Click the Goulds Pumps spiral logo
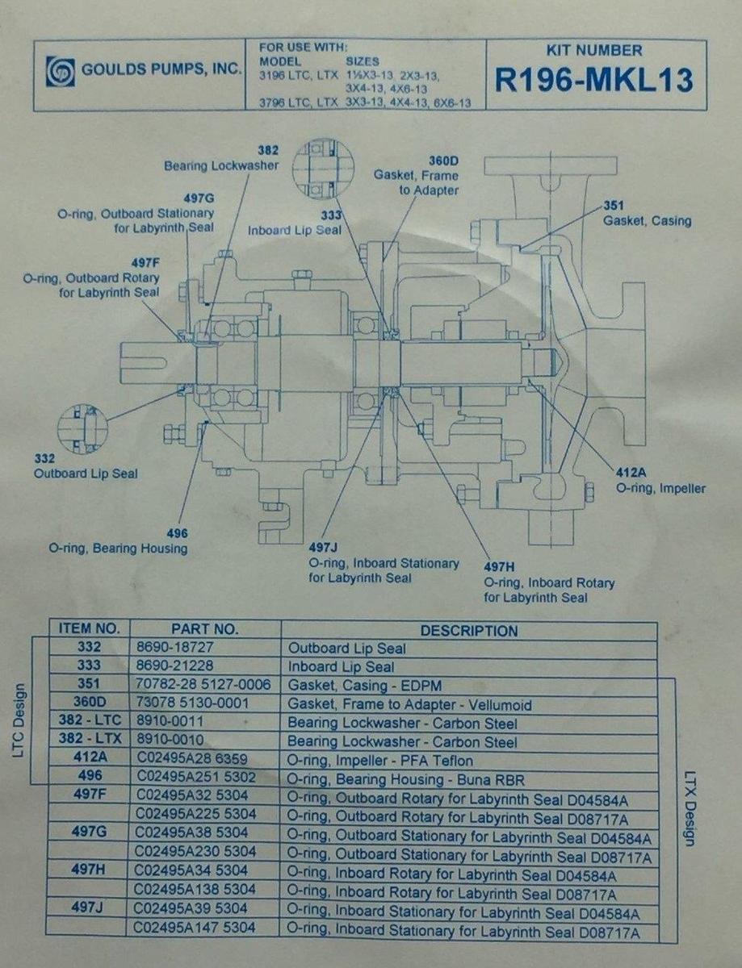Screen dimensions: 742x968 (x=61, y=71)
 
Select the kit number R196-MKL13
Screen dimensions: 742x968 (x=594, y=80)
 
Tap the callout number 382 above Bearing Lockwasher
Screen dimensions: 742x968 (x=268, y=150)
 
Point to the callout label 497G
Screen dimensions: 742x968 (x=199, y=198)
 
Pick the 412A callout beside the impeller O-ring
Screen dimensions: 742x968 (x=631, y=472)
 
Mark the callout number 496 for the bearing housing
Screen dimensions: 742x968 (x=178, y=532)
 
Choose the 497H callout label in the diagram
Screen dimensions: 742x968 (x=499, y=567)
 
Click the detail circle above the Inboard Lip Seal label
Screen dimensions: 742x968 (x=323, y=168)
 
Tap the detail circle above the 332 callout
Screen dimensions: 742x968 (x=83, y=429)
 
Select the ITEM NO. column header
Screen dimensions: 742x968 (x=90, y=628)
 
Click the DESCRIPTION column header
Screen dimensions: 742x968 (x=469, y=631)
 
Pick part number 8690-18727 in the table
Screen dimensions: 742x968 (x=175, y=647)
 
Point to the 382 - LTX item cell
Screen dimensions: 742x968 (x=90, y=738)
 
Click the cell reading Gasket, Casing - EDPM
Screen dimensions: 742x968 (x=364, y=685)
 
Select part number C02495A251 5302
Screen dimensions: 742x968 (x=196, y=777)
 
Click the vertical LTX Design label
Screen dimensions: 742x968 (x=690, y=809)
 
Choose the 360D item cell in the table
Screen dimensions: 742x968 (x=90, y=702)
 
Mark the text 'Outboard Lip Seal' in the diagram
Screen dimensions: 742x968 (x=86, y=473)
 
